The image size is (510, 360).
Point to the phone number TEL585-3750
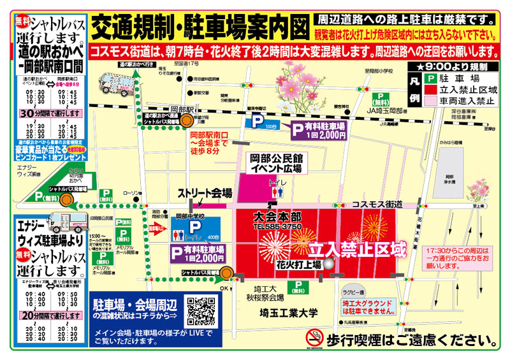277,227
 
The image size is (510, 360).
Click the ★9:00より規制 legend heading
451,66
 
